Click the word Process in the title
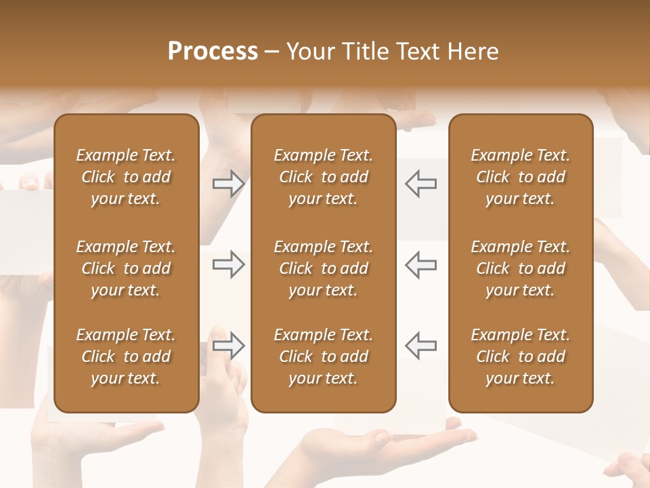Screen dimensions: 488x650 (x=213, y=51)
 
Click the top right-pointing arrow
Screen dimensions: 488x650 (x=228, y=184)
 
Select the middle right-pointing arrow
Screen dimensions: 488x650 (x=228, y=264)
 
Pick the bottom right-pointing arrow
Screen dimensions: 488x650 (x=228, y=346)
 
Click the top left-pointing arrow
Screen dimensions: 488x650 (x=421, y=184)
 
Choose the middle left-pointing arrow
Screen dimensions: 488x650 (x=421, y=264)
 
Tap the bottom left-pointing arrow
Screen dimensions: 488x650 (x=421, y=346)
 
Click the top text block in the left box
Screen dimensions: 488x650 (x=126, y=177)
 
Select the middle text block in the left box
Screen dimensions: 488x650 (x=126, y=268)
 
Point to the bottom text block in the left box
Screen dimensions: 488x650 (x=126, y=357)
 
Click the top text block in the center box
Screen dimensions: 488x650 (x=324, y=177)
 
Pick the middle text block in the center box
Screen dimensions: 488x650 (x=324, y=268)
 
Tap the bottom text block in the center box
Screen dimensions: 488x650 (x=324, y=357)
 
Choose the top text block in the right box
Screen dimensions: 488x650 (x=521, y=177)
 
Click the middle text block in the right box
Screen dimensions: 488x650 (x=521, y=268)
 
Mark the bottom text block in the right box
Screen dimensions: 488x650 (x=521, y=357)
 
